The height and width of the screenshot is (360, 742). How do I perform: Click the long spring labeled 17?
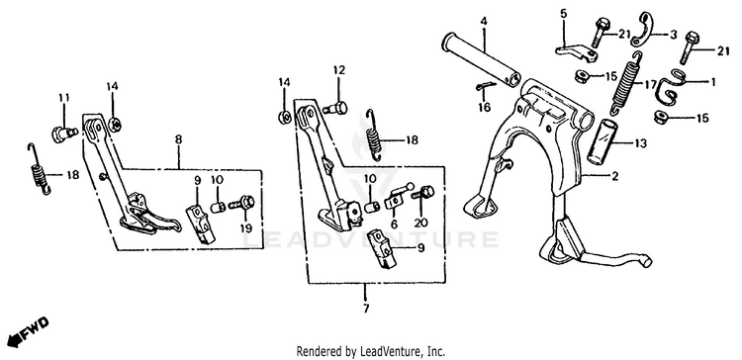(x=627, y=82)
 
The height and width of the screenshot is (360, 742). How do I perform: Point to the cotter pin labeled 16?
(x=485, y=87)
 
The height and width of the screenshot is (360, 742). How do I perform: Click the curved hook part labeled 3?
(x=641, y=30)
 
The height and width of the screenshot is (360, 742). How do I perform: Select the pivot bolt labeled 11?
(x=64, y=133)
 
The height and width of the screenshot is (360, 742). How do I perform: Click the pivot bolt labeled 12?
(x=335, y=109)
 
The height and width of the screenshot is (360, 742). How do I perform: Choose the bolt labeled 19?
(x=241, y=205)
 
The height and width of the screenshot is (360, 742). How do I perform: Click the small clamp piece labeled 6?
(x=399, y=196)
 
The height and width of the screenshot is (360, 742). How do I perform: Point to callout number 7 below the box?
(x=365, y=309)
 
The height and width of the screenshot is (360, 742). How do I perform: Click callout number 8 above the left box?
(x=178, y=139)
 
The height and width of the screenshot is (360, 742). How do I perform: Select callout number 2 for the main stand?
(x=614, y=177)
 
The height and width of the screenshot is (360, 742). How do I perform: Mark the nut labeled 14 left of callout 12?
(x=284, y=117)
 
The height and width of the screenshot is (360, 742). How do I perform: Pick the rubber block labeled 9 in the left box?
(x=201, y=223)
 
